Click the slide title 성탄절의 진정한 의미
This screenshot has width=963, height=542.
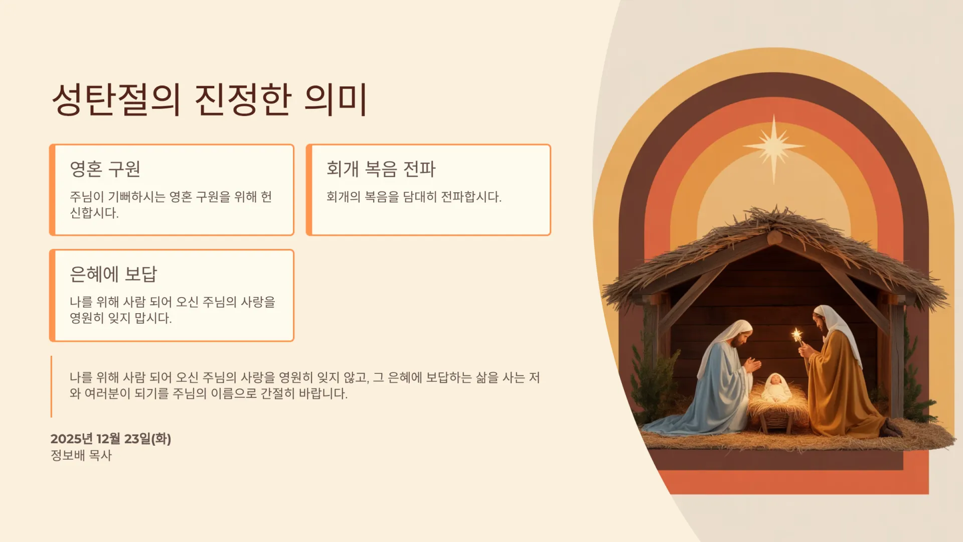(210, 99)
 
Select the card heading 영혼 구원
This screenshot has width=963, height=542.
(105, 169)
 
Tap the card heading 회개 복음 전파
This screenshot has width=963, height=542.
(381, 169)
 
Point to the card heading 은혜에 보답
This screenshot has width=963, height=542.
(113, 274)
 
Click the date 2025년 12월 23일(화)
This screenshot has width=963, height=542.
(111, 439)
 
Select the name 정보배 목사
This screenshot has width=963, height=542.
(81, 455)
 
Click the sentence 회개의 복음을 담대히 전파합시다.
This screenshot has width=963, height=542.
(414, 197)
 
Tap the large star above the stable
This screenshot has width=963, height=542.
(774, 147)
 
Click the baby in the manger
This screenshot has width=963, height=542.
(776, 387)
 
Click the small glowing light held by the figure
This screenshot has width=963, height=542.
(796, 335)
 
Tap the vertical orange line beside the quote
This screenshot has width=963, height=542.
(51, 386)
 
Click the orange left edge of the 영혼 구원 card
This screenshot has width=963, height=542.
(52, 190)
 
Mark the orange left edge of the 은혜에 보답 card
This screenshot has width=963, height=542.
(52, 296)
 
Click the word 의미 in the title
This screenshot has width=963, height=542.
(336, 99)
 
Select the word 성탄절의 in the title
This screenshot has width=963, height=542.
(116, 99)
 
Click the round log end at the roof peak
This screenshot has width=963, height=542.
(775, 237)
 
